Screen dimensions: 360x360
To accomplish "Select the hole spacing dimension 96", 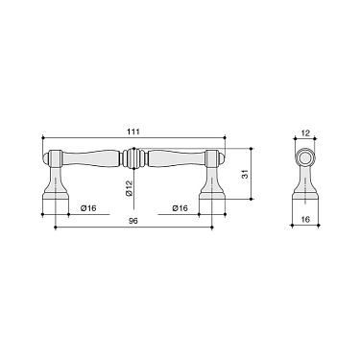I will tap(133, 222).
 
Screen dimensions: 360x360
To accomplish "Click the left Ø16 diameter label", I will tap(87, 206).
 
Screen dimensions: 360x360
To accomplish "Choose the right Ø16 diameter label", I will tap(179, 206).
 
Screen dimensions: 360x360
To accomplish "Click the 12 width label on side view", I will tap(305, 133).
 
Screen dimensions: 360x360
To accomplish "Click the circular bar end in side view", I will tap(305, 158).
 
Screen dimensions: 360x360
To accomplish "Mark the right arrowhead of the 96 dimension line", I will tap(210, 228).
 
